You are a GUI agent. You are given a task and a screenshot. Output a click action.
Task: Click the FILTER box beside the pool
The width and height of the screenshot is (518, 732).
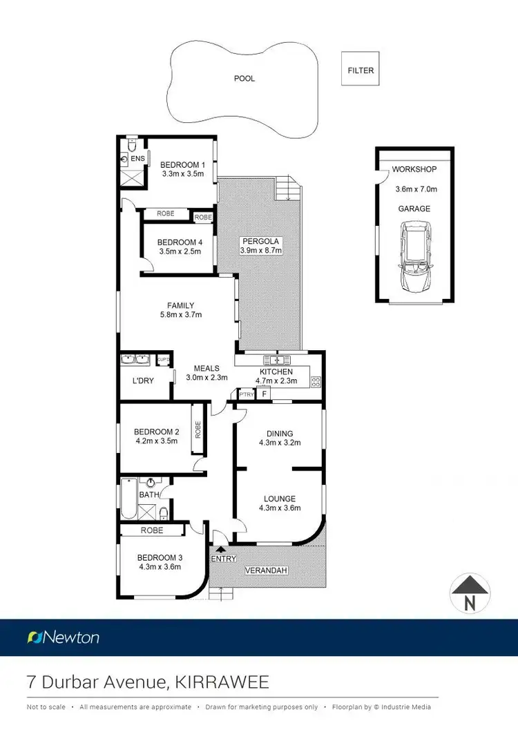[361, 70]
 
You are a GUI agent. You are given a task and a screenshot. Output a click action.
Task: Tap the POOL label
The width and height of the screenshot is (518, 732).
[244, 79]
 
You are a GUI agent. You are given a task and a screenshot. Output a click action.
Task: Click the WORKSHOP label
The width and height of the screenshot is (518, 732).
[414, 169]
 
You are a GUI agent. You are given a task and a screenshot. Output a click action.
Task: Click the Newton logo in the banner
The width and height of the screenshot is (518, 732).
[63, 637]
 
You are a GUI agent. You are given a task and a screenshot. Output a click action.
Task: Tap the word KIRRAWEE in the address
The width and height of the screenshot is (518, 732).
[222, 683]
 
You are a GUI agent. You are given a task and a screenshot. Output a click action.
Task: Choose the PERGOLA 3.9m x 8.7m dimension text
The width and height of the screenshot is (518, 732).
[260, 251]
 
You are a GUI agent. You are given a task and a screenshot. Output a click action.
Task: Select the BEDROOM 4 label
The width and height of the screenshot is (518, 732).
[180, 242]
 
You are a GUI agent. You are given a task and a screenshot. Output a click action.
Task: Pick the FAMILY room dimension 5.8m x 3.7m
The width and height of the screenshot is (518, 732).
[180, 315]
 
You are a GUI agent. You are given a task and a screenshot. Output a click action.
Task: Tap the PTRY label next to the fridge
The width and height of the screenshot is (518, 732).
[246, 394]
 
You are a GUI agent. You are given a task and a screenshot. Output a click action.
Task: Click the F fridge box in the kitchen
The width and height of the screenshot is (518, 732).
[263, 394]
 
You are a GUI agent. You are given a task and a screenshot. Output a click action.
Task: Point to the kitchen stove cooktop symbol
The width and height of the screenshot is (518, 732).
[316, 381]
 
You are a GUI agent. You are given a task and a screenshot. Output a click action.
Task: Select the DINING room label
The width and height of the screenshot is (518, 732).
[280, 434]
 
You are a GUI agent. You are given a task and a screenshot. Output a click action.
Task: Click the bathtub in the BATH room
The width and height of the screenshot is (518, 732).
[128, 498]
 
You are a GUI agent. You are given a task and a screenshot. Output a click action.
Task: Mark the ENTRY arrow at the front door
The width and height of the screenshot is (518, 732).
[221, 548]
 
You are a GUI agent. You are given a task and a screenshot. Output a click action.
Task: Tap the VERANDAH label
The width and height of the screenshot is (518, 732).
[266, 571]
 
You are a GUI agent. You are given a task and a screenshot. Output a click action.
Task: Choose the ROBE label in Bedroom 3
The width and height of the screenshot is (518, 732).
[152, 530]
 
